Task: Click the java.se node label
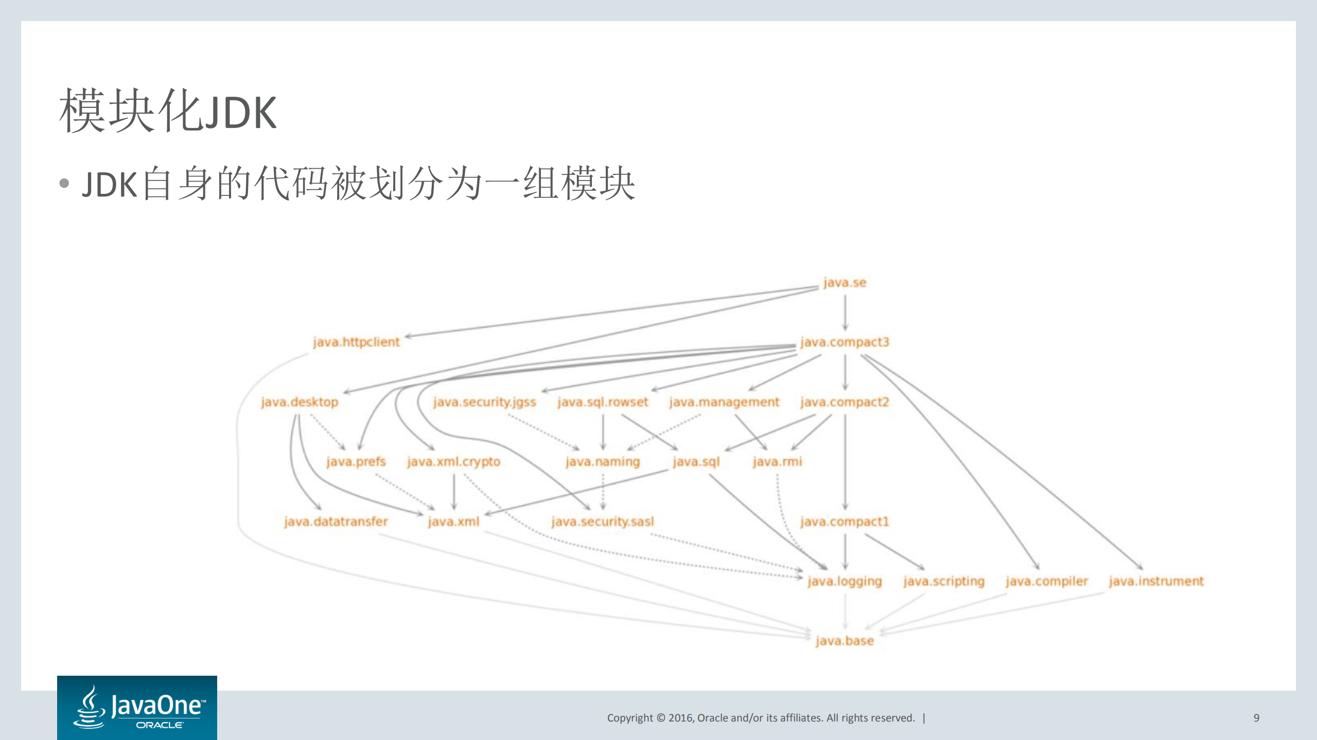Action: tap(845, 283)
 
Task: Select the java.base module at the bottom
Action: tap(845, 641)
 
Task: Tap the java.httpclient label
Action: tap(356, 342)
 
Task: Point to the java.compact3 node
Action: tap(845, 342)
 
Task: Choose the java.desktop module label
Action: tap(300, 402)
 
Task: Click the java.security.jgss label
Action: tap(484, 402)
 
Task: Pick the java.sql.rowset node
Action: tap(603, 402)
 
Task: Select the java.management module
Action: tap(724, 402)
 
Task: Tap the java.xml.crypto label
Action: tap(453, 462)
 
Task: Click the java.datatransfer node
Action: tap(336, 521)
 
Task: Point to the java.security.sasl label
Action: tap(603, 521)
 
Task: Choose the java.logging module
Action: tap(845, 581)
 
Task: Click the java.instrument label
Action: tap(1156, 581)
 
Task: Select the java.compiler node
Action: tap(1047, 581)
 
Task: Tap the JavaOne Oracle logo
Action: tap(137, 708)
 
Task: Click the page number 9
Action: tap(1256, 718)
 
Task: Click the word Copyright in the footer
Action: tap(630, 718)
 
